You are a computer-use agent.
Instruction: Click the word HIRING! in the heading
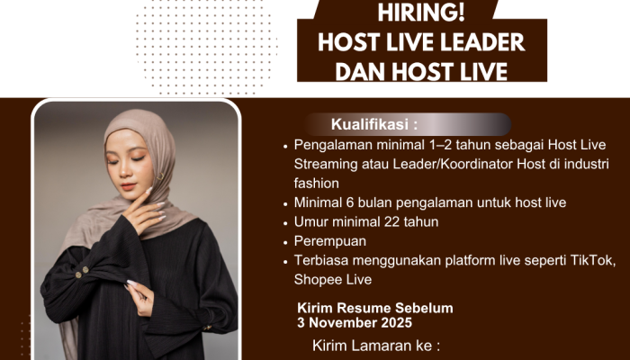click(420, 13)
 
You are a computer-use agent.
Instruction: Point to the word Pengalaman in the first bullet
click(333, 146)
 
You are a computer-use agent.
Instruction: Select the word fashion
click(316, 184)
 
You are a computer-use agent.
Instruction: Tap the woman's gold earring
click(160, 176)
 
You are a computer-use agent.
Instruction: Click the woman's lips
click(130, 186)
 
